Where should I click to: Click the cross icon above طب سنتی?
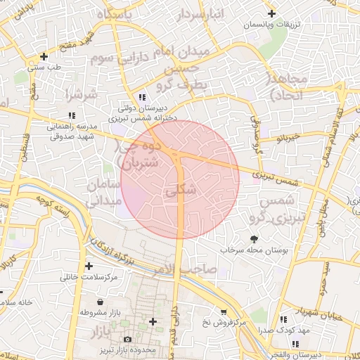(44, 56)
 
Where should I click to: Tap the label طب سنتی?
(44, 68)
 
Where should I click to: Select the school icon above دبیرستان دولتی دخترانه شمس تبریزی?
(142, 97)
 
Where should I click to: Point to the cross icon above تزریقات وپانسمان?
(271, 14)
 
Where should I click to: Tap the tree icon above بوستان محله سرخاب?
(254, 238)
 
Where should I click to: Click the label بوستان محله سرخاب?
(250, 250)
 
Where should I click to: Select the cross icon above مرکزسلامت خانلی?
(89, 266)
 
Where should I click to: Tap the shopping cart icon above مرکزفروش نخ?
(224, 311)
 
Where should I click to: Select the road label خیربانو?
(270, 139)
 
